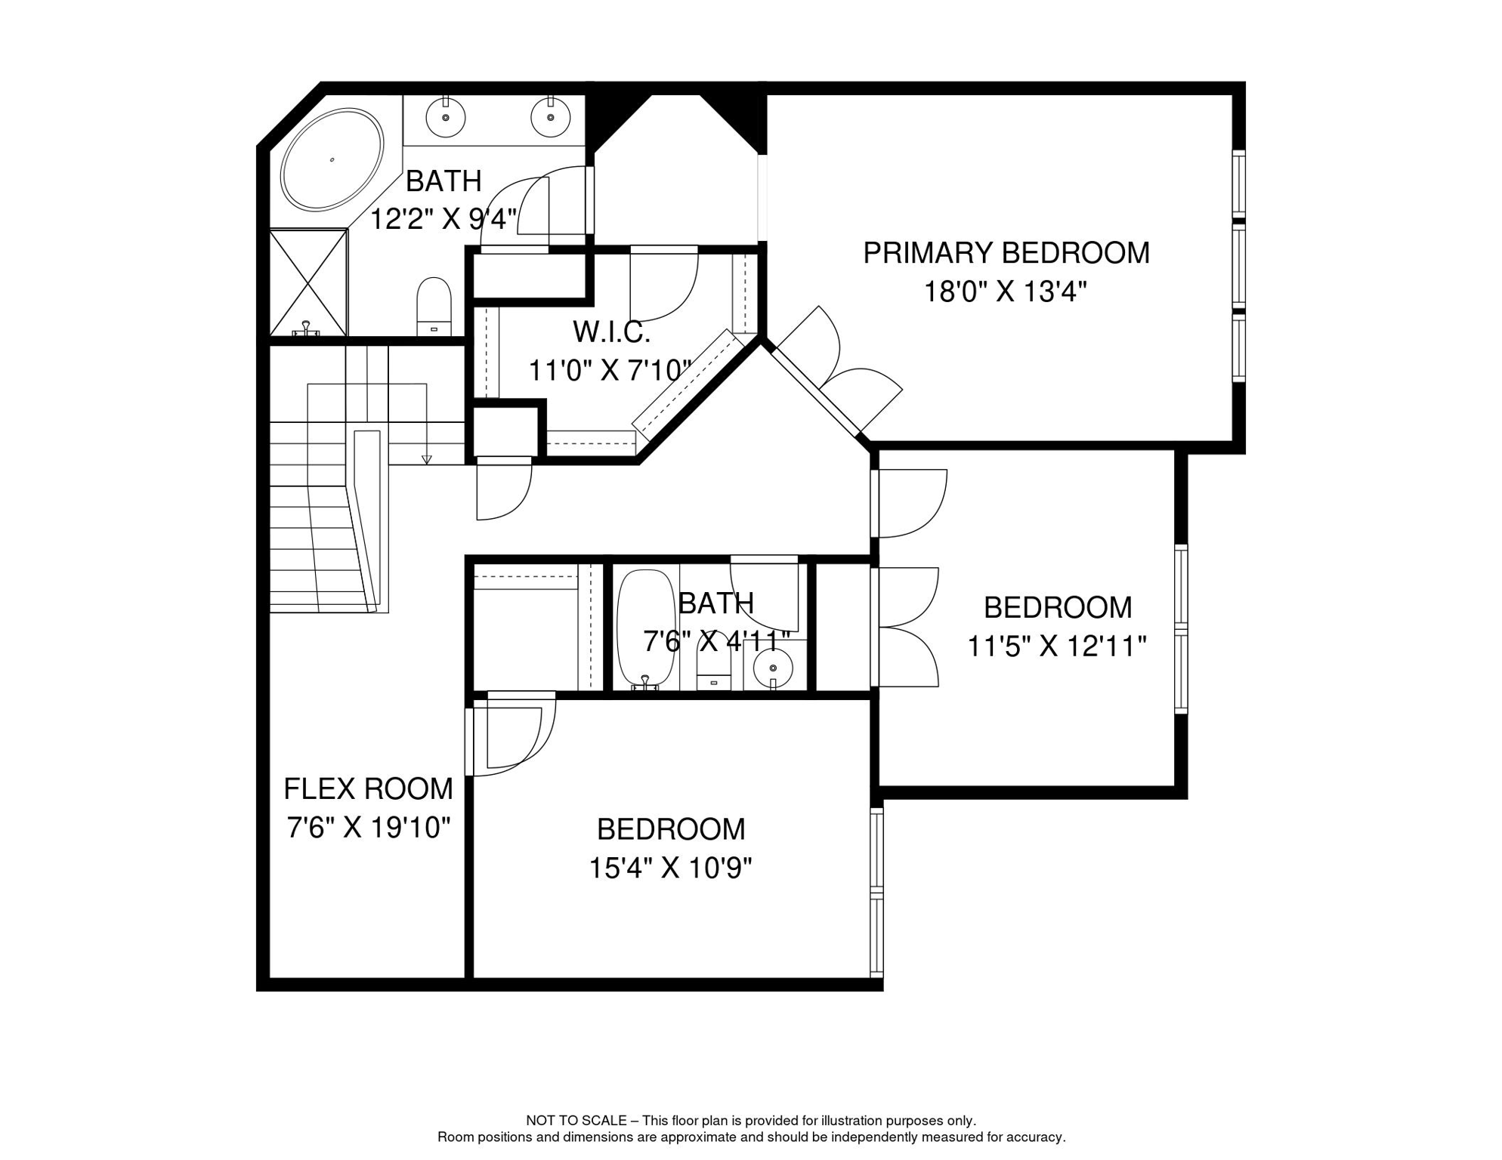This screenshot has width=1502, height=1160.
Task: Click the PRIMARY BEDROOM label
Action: coord(1006,253)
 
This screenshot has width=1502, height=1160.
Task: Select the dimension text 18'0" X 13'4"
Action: coord(1005,292)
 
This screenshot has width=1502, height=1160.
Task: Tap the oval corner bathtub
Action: coord(332,159)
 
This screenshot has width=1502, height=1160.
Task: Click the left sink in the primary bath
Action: coord(446,118)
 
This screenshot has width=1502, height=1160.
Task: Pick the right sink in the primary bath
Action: coord(550,118)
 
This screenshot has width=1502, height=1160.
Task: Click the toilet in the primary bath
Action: coord(434,305)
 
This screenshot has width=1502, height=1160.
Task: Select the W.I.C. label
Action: coord(611,332)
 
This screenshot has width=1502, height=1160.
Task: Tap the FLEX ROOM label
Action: coord(368,789)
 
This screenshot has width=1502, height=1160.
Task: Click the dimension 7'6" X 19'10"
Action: coord(368,828)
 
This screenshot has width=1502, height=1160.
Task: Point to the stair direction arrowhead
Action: coord(426,459)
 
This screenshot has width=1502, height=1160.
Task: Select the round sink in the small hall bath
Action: coord(773,668)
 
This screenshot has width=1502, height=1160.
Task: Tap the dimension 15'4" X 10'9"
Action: coord(670,868)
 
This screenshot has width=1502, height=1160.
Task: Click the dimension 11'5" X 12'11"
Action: coord(1057,646)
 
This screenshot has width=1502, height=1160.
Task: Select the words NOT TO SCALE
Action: coord(576,1121)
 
